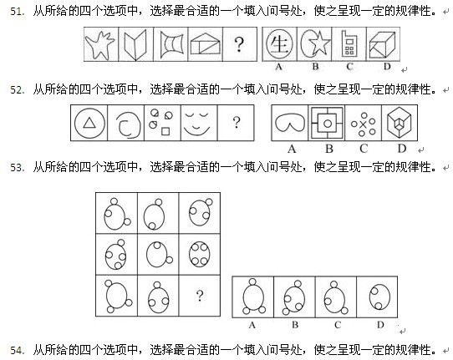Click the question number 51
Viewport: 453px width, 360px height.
(17, 12)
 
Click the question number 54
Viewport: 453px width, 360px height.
(17, 350)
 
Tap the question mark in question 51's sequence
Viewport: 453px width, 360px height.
(239, 44)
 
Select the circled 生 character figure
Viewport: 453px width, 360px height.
(279, 44)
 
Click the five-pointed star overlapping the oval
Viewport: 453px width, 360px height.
(319, 43)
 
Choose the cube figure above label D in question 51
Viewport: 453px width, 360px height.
(381, 44)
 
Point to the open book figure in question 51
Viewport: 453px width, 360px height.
(135, 44)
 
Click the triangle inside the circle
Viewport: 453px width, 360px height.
(89, 123)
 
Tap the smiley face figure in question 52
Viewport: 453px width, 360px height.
(197, 124)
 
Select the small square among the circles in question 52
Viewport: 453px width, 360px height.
(165, 131)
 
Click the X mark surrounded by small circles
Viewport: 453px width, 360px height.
(363, 124)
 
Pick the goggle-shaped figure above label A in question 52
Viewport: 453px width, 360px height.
(289, 124)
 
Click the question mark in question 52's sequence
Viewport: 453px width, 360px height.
(237, 122)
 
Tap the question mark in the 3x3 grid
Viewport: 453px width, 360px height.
(200, 296)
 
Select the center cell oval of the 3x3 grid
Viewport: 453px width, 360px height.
(157, 254)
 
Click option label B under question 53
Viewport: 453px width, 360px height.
(295, 325)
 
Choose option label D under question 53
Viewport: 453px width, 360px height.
(380, 325)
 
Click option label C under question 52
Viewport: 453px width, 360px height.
(364, 149)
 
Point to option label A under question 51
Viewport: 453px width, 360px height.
(278, 67)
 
